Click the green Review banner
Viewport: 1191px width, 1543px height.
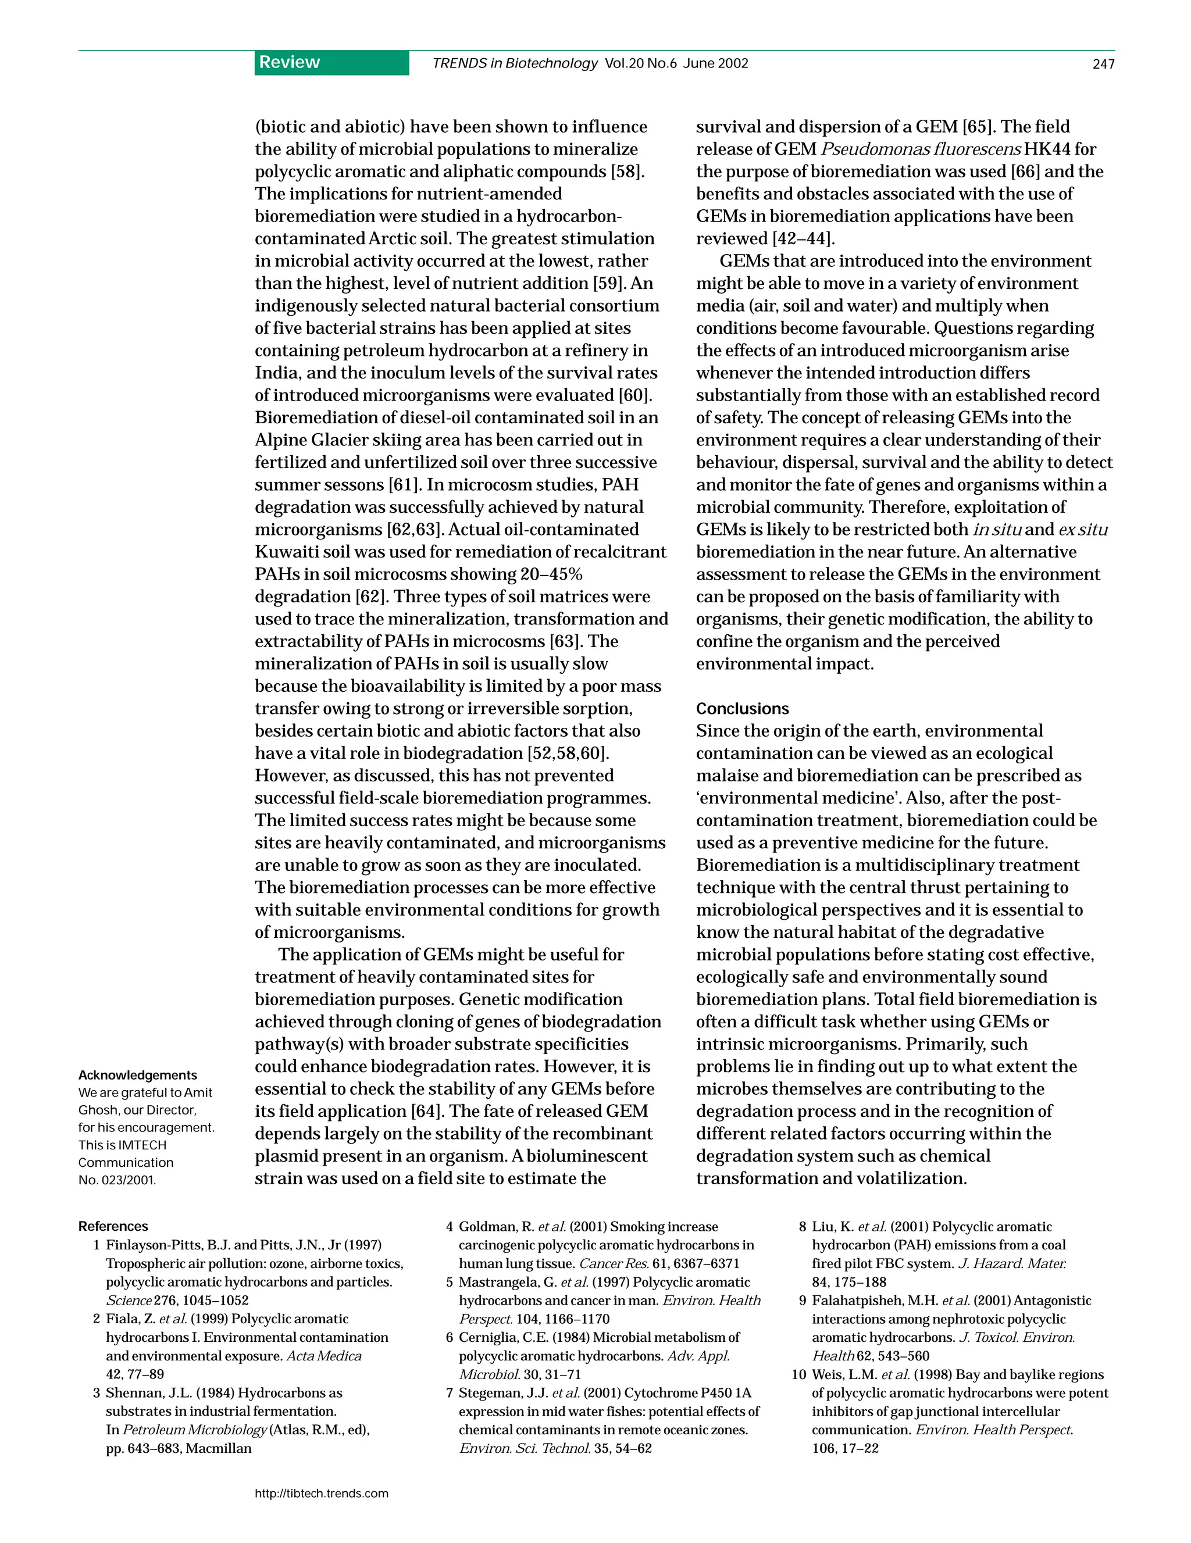(x=331, y=63)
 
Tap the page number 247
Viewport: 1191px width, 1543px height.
(x=1103, y=65)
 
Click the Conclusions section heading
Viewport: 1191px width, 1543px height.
(x=742, y=709)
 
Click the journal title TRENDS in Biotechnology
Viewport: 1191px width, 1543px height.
(x=515, y=63)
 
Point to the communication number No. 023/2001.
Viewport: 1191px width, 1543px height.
(x=117, y=1180)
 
